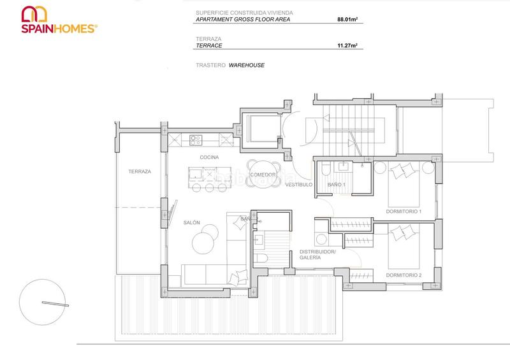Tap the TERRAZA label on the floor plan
pyautogui.click(x=139, y=171)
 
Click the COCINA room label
pyautogui.click(x=209, y=157)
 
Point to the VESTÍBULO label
pyautogui.click(x=298, y=185)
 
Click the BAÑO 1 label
pyautogui.click(x=336, y=185)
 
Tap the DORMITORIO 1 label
pyautogui.click(x=404, y=211)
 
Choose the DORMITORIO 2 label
pyautogui.click(x=404, y=275)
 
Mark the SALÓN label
pyautogui.click(x=192, y=222)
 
